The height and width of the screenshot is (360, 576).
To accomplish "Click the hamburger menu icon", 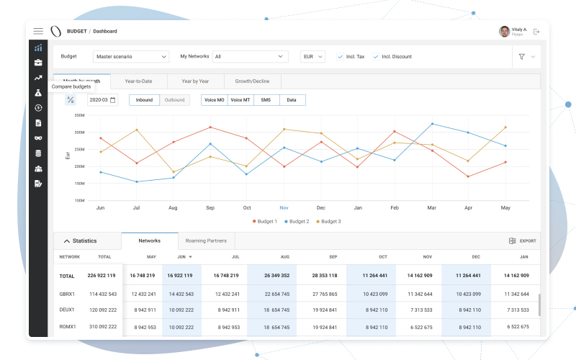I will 38,31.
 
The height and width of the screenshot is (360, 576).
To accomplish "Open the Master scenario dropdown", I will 131,56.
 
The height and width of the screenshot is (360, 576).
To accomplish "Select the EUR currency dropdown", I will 312,56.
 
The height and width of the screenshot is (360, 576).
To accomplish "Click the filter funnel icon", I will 521,56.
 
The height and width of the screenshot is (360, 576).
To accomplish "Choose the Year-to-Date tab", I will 138,81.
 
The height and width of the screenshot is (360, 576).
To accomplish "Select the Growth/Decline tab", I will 252,81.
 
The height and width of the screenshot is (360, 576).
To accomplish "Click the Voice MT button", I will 240,100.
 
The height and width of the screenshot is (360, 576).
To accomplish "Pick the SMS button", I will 266,100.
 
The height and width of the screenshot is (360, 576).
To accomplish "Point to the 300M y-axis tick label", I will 80,132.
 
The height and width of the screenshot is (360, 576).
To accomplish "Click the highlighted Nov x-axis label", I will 284,207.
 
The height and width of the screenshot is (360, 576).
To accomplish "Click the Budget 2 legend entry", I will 297,221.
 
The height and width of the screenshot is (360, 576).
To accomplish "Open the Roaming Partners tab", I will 205,240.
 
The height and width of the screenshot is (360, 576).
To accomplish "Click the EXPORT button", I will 522,241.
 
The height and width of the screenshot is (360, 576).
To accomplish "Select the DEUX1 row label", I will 68,310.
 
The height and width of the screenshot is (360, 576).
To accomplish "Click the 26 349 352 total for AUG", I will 276,275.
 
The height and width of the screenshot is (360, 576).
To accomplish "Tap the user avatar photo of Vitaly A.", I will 504,32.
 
